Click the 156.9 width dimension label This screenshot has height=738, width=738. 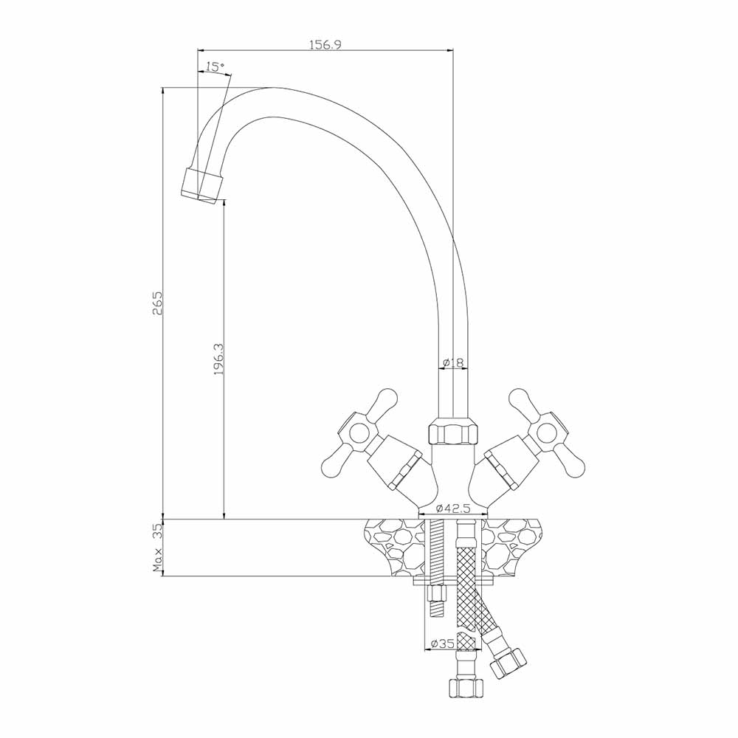point(325,45)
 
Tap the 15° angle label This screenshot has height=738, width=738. point(215,67)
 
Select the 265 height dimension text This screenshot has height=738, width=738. point(157,303)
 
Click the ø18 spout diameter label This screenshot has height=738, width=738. point(454,362)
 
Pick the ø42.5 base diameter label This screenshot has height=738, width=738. point(453,508)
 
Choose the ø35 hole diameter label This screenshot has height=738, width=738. point(441,643)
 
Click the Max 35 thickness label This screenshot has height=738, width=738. point(158,548)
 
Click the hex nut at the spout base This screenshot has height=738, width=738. point(453,432)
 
